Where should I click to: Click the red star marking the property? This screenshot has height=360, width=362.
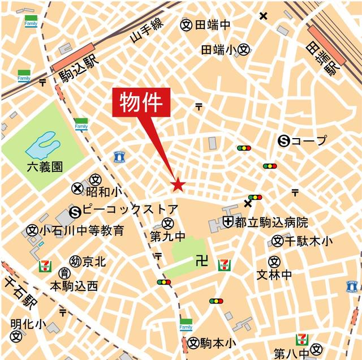[178, 185]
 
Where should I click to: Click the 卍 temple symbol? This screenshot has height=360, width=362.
[199, 261]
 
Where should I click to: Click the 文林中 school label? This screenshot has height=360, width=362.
[274, 275]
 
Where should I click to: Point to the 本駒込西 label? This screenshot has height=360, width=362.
[74, 286]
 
